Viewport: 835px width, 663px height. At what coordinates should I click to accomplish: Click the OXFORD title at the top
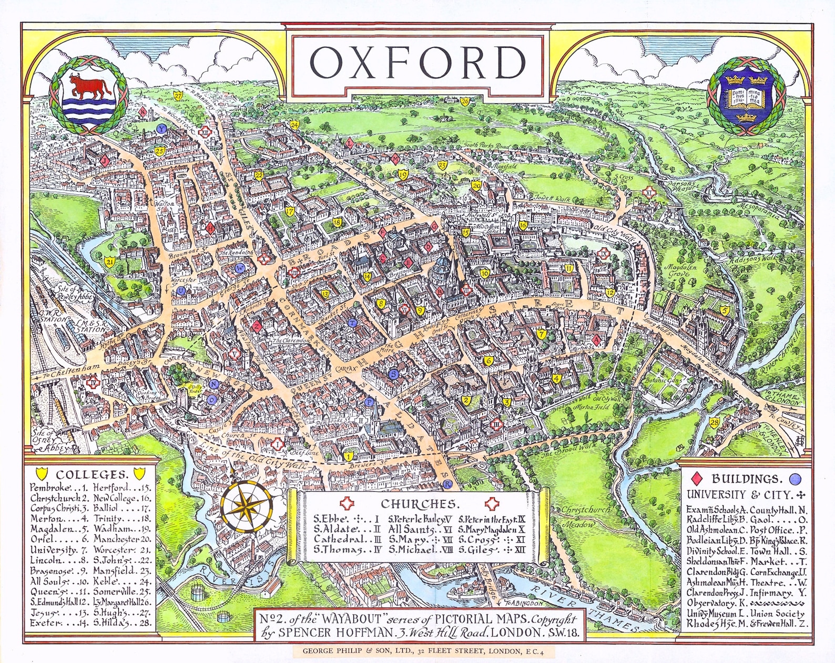click(417, 63)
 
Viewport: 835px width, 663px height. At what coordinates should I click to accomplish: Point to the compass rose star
click(246, 507)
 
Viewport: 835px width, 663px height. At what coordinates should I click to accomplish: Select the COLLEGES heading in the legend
click(92, 474)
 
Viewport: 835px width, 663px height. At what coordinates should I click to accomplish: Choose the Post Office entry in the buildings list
click(778, 531)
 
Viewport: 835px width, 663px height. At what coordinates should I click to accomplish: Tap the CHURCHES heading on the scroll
click(419, 504)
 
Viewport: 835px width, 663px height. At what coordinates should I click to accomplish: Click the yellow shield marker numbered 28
click(714, 423)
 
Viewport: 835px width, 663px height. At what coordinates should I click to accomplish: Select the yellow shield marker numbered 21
click(109, 262)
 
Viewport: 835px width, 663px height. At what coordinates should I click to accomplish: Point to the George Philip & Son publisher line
click(421, 651)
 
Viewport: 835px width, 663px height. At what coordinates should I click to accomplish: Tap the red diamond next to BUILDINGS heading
click(697, 479)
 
